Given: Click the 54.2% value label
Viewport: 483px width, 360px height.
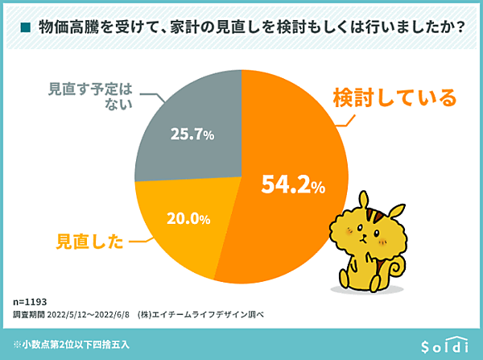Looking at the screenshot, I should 293,186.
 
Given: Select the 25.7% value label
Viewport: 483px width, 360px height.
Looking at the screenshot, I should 192,134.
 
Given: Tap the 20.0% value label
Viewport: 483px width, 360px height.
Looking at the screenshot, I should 188,218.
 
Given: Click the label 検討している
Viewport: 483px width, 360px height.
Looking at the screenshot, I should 394,98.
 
